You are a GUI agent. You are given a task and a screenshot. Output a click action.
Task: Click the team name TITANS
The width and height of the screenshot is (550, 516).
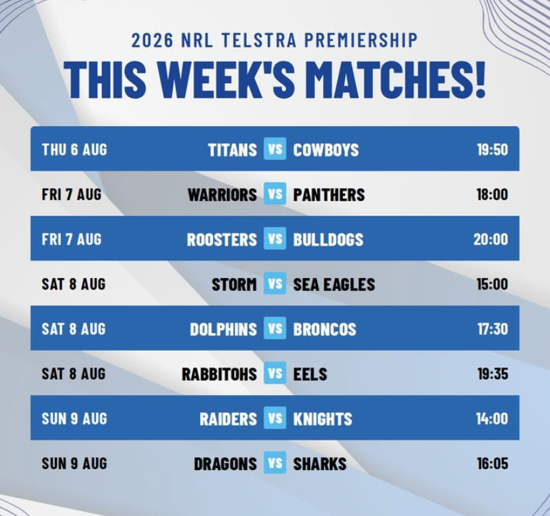[x=232, y=150]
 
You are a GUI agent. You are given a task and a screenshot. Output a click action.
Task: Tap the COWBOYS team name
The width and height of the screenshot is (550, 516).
[x=326, y=150]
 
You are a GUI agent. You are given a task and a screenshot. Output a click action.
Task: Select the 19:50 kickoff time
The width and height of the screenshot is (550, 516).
[x=492, y=149]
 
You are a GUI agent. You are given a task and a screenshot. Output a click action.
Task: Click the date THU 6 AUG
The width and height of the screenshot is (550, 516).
[x=74, y=149]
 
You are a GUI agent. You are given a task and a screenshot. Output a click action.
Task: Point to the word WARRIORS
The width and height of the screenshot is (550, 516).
[x=222, y=195]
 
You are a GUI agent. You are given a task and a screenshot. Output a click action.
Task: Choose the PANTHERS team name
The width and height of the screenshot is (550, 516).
[x=329, y=195]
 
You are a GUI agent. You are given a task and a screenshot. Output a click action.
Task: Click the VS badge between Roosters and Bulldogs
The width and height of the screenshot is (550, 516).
[x=275, y=239]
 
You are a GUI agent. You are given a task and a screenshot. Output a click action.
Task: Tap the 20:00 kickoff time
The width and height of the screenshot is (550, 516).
[x=490, y=239]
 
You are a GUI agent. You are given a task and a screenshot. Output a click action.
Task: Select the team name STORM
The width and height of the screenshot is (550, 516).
[x=234, y=284]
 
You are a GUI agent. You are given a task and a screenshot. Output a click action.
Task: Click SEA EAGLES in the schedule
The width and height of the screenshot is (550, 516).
[x=334, y=284]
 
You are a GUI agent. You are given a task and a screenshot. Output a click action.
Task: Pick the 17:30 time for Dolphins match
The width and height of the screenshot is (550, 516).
[x=492, y=329]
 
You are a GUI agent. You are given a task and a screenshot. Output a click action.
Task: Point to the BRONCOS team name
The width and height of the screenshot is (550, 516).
[x=324, y=330]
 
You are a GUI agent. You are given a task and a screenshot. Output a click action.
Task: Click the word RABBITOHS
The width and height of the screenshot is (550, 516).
[x=219, y=374]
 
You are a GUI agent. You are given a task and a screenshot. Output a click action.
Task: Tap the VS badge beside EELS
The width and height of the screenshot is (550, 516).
[x=275, y=373]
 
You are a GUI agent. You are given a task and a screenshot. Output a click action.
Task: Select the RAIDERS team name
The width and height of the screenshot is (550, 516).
[x=228, y=419]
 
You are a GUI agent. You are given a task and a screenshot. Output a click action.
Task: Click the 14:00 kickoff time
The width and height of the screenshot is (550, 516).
[x=492, y=419]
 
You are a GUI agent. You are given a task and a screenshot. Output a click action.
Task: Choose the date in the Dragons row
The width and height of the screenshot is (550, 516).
[x=74, y=463]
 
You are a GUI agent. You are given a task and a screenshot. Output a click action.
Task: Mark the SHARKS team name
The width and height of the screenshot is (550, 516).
[x=320, y=464]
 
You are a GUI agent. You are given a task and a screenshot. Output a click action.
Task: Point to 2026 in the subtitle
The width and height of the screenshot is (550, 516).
[x=152, y=40]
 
